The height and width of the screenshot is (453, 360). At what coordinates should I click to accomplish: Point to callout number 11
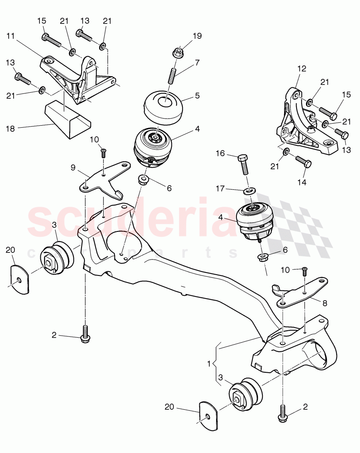[x=10, y=36]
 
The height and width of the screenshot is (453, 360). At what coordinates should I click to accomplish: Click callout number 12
[x=302, y=69]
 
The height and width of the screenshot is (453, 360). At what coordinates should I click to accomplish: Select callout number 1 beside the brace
[x=209, y=364]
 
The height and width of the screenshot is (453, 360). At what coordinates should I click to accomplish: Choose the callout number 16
[x=220, y=153]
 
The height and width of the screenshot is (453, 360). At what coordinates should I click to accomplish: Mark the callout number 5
[x=197, y=95]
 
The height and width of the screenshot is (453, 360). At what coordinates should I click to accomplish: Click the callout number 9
[x=72, y=168]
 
